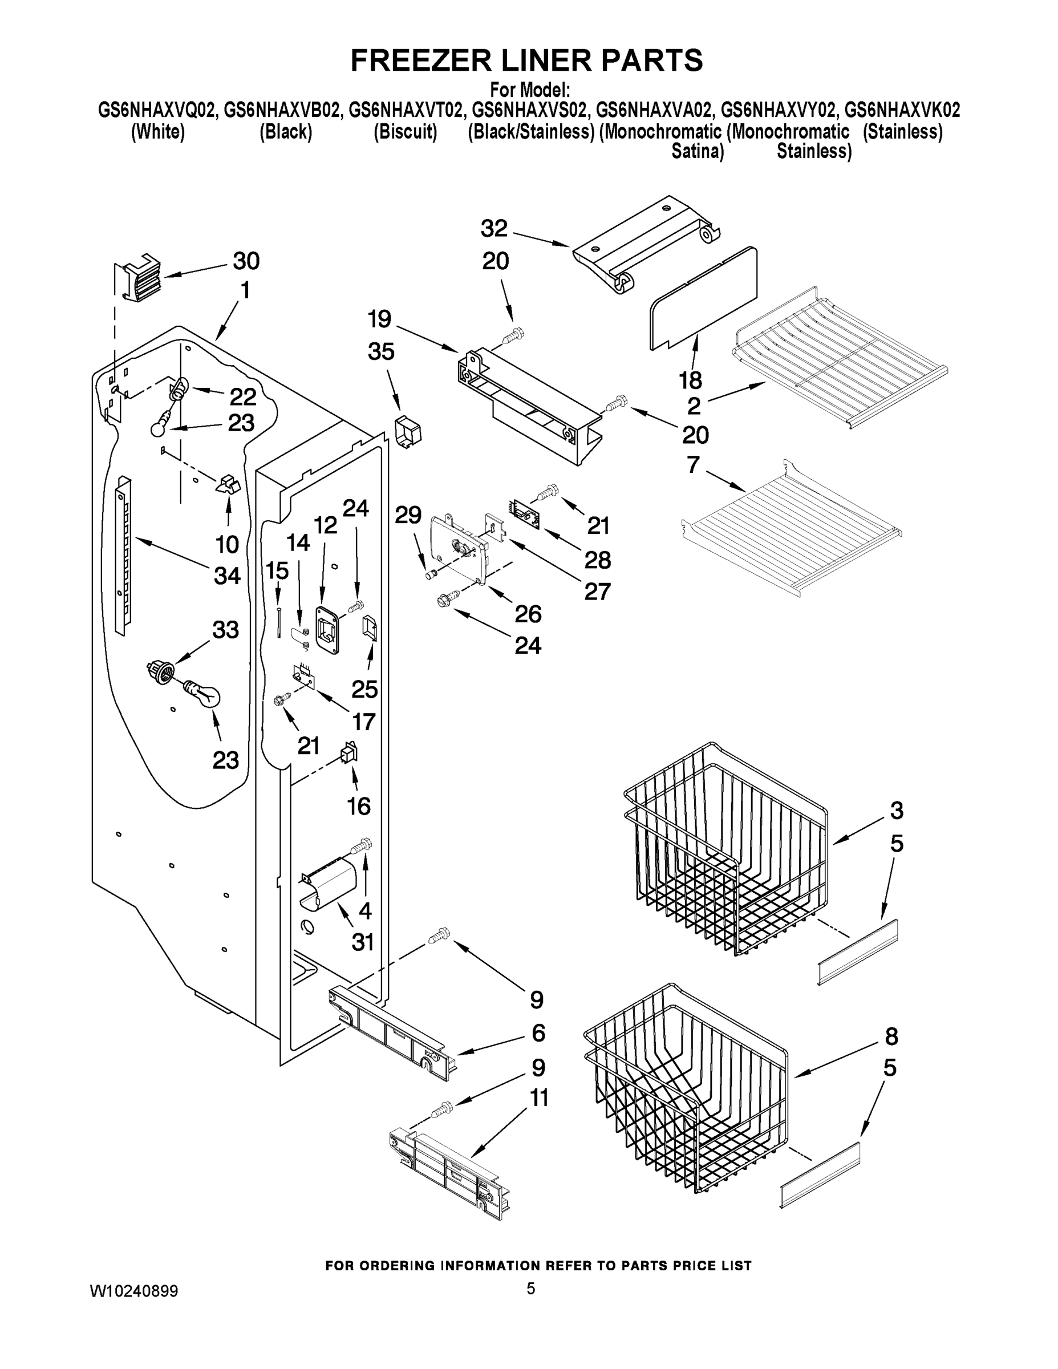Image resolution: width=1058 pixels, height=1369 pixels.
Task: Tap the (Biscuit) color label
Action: [x=405, y=132]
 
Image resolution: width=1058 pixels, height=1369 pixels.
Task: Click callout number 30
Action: [x=246, y=261]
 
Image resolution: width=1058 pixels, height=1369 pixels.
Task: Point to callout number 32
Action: [x=494, y=228]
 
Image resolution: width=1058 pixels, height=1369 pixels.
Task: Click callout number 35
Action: [x=381, y=351]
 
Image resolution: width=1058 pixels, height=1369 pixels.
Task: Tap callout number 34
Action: [x=227, y=576]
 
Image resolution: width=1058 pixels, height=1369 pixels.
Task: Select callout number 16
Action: [x=359, y=806]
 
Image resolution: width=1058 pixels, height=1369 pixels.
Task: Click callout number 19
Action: [x=379, y=319]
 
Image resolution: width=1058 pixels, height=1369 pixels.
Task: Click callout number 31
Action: [x=363, y=942]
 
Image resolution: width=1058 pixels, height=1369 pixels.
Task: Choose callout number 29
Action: [x=408, y=515]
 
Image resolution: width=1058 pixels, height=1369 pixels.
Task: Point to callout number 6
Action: [x=538, y=1033]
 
